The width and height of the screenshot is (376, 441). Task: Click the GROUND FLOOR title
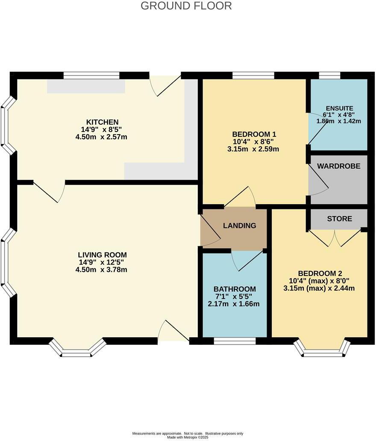[186, 6]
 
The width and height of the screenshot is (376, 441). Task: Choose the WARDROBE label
[339, 166]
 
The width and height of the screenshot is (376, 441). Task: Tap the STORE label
[340, 219]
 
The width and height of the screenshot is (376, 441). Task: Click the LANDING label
[240, 226]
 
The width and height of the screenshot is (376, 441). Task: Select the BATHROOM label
[235, 289]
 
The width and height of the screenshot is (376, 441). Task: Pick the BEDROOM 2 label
[320, 273]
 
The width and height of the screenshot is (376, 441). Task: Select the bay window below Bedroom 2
[323, 349]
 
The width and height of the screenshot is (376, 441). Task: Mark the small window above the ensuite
[330, 76]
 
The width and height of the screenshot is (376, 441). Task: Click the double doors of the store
[337, 238]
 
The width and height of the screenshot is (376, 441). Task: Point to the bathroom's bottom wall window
[235, 341]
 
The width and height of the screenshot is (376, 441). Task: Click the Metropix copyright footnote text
[188, 435]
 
